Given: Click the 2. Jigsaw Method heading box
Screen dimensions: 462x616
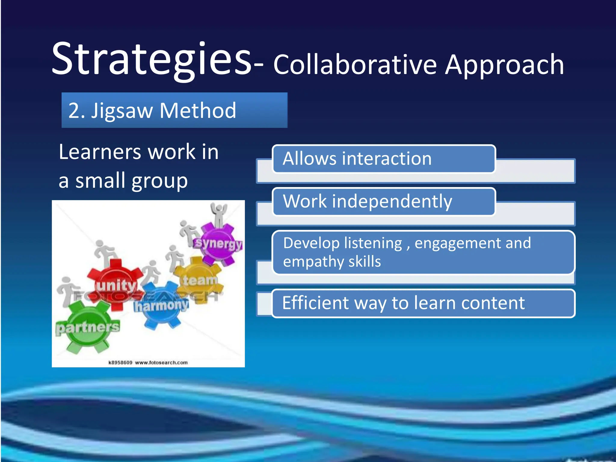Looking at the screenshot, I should (174, 110).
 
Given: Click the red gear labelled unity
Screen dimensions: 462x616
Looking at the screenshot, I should (116, 284).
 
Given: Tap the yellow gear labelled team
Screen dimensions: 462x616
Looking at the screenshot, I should (199, 280).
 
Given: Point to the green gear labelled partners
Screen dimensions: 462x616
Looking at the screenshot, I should (87, 328).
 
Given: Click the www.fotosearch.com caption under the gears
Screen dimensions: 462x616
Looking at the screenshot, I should (161, 363).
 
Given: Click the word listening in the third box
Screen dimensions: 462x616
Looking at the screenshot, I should (373, 243).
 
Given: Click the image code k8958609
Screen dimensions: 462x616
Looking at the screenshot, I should (120, 363).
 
